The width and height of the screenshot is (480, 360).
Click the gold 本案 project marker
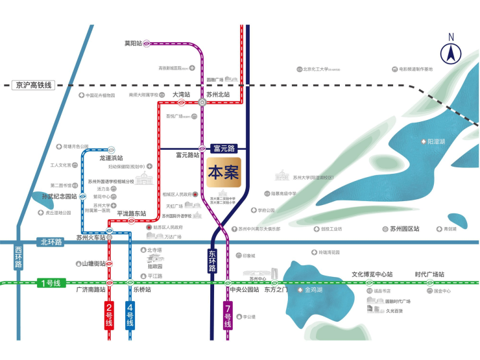pyautogui.click(x=224, y=173)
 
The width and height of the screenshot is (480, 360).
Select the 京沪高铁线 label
pyautogui.click(x=35, y=85)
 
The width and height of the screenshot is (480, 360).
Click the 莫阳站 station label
pyautogui.click(x=133, y=43)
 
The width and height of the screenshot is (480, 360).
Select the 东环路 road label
pyautogui.click(x=212, y=261)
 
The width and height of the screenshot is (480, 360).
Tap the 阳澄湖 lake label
pyautogui.click(x=435, y=141)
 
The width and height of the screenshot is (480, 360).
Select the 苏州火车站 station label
pyautogui.click(x=90, y=238)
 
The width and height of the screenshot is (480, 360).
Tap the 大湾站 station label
pyautogui.click(x=181, y=94)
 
